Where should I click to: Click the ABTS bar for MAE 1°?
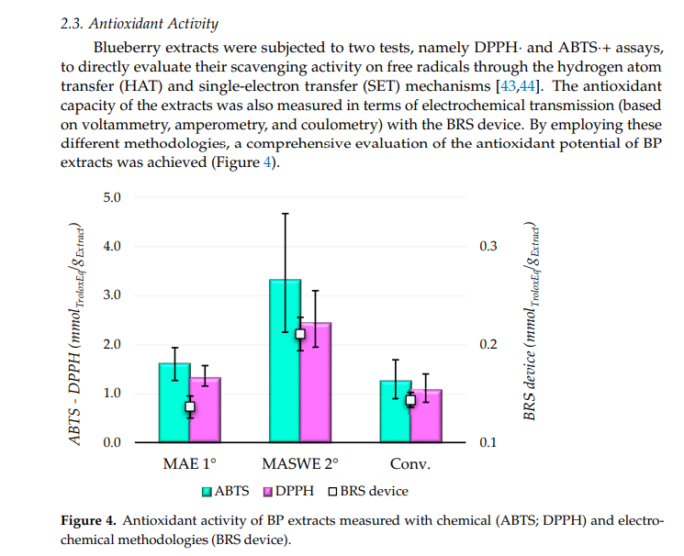click(x=174, y=404)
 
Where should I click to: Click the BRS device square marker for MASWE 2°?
click(x=300, y=333)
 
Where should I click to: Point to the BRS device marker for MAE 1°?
click(x=190, y=406)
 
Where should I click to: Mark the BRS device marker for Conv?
click(x=410, y=399)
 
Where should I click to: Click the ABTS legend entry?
click(x=225, y=491)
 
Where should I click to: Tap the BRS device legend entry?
click(x=367, y=491)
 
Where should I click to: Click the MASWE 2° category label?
click(x=300, y=464)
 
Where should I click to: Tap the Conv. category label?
click(x=410, y=464)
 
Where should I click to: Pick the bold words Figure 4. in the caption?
click(x=89, y=521)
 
